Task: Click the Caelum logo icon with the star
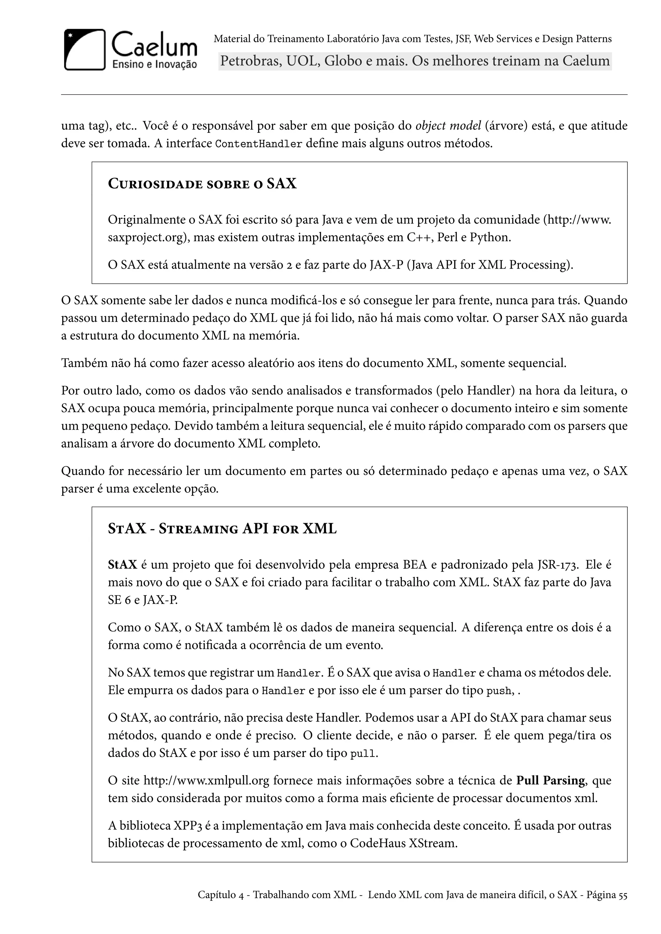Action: tap(85, 50)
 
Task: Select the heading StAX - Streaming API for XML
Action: tap(222, 529)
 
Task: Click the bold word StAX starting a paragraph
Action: tap(123, 565)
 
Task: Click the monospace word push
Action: tap(499, 691)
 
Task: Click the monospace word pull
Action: tap(363, 754)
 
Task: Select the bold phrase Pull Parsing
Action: tap(550, 780)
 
